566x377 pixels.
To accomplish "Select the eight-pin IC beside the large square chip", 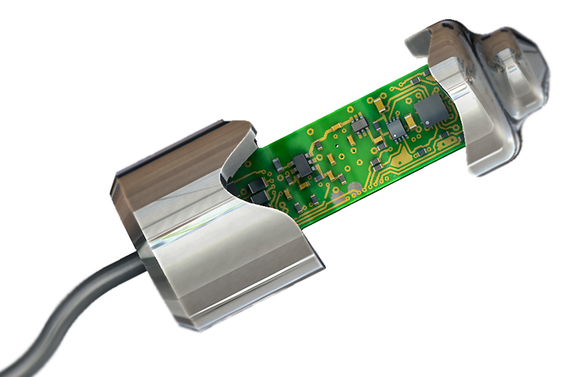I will point(397,130).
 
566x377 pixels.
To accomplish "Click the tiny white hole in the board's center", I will point(337,145).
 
